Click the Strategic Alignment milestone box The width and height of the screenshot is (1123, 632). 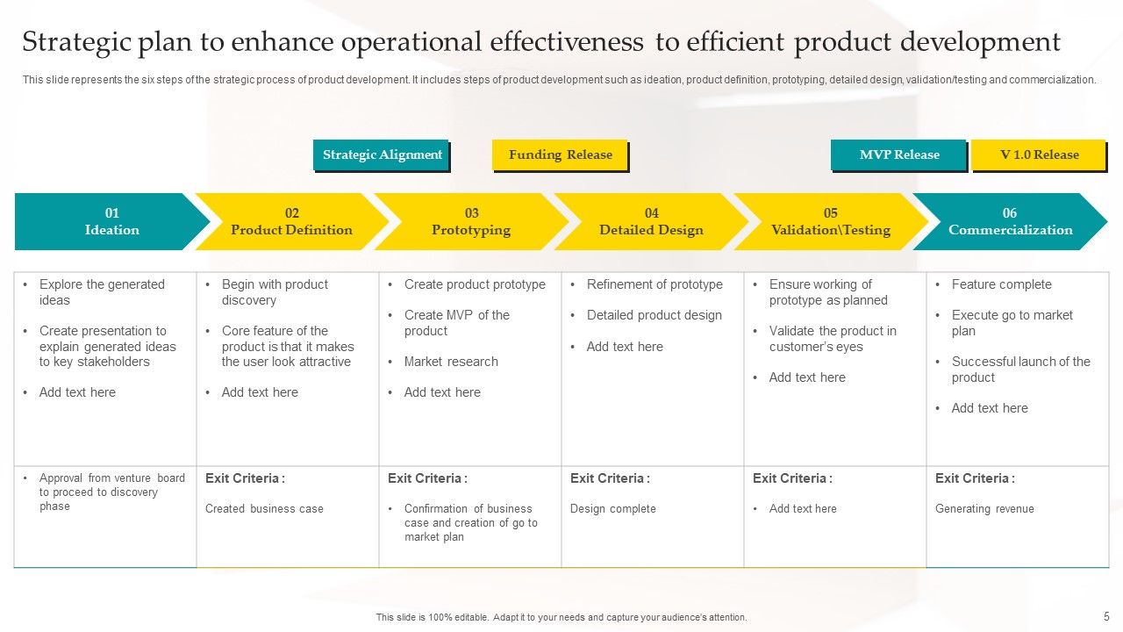pos(381,155)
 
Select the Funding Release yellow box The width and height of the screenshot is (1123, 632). pos(560,155)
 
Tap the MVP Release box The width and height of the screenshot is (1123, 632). pos(898,155)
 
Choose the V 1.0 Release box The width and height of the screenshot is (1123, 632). pos(1039,155)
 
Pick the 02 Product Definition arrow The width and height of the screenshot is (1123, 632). pos(291,221)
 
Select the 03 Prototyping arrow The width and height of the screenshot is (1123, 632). pos(471,221)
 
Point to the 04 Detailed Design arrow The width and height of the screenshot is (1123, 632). pos(651,221)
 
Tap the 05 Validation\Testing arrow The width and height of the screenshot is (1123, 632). pos(830,221)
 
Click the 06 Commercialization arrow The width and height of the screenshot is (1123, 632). pos(1010,221)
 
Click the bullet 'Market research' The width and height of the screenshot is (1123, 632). pos(451,362)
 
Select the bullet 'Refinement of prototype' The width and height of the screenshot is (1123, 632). pos(654,284)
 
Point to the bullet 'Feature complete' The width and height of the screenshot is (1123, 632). pos(1001,284)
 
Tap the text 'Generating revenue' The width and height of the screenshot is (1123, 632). pos(984,509)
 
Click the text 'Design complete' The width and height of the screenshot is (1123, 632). pos(612,509)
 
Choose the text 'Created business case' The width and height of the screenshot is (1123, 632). pos(264,509)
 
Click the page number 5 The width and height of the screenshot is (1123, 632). pos(1106,617)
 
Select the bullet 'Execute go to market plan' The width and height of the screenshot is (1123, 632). pos(1012,323)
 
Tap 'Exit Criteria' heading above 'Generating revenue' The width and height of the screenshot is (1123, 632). pos(974,478)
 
